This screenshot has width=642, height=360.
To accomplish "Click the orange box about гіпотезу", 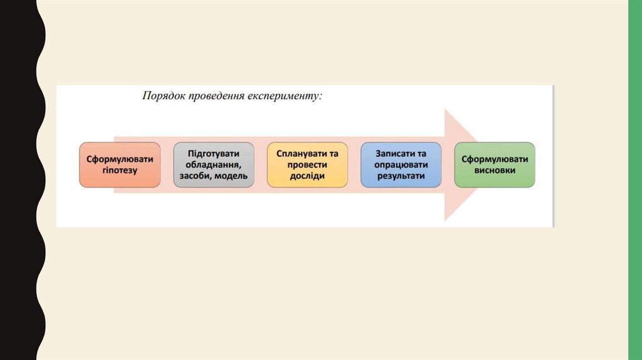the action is point(120,164).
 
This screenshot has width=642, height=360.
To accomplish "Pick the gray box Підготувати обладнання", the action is point(214,164).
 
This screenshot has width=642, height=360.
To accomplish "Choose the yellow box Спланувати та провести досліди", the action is point(307,164).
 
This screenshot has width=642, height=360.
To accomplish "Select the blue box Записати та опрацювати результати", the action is point(401,164).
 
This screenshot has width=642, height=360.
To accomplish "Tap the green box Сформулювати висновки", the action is point(495,164).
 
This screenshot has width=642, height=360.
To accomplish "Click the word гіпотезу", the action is point(120,171).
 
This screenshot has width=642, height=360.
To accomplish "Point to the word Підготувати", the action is point(214,154).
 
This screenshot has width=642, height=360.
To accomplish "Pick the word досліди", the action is point(307,176).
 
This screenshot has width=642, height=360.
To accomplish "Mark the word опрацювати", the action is point(401,165).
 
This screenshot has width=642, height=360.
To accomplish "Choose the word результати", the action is point(401,176).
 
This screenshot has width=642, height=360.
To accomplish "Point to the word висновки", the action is point(495,171).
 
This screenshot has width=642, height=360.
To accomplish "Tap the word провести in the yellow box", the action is point(307,165).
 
